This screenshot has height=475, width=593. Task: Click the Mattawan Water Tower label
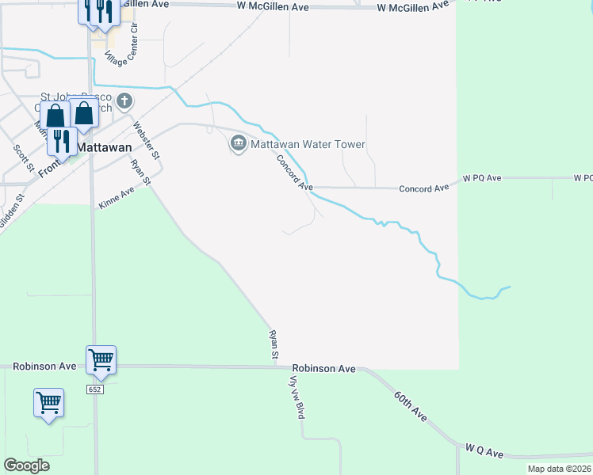tap(308, 144)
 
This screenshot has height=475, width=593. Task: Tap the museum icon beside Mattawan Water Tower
tap(237, 143)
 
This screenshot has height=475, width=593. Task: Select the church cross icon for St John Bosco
tap(124, 101)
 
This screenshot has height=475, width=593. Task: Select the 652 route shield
tap(95, 389)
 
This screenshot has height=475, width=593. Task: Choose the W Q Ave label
tap(485, 452)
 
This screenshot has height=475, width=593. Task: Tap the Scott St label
tap(22, 157)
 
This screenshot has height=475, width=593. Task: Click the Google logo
tap(26, 465)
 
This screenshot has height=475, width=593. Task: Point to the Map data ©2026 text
tap(560, 469)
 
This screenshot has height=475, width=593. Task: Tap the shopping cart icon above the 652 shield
tap(101, 359)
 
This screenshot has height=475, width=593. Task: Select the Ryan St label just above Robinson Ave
tap(274, 346)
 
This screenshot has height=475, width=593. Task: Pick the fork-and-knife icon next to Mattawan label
tap(63, 141)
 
